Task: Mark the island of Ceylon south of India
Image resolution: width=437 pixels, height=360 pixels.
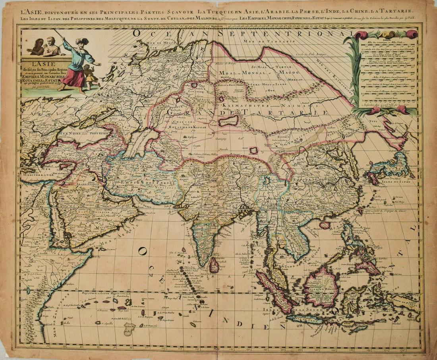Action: pyautogui.click(x=214, y=265)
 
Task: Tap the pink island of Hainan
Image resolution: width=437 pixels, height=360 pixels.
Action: pyautogui.click(x=325, y=225)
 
